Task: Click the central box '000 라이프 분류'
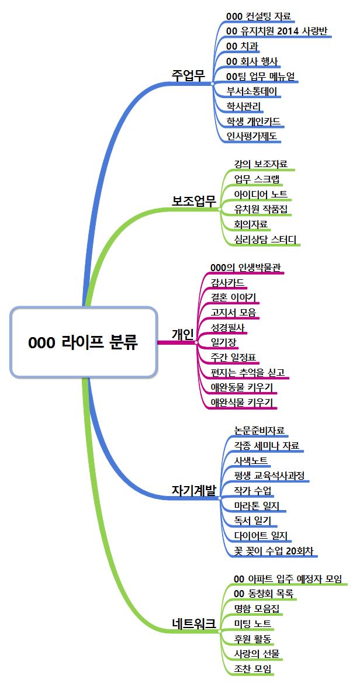(x=84, y=342)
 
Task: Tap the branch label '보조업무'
(x=193, y=200)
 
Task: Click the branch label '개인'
(x=182, y=334)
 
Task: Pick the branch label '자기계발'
(x=193, y=490)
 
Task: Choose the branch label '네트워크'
(x=193, y=623)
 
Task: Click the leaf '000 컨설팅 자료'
(x=258, y=16)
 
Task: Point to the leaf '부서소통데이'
(x=252, y=91)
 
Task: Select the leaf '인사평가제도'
(x=252, y=136)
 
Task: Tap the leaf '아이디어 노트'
(x=260, y=194)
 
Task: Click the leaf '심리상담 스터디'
(x=265, y=239)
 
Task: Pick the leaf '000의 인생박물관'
(x=245, y=268)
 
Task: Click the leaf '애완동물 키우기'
(x=241, y=387)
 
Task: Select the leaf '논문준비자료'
(x=259, y=431)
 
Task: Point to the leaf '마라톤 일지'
(x=256, y=505)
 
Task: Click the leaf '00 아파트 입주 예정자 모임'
(x=287, y=578)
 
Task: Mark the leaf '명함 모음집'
(x=256, y=609)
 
